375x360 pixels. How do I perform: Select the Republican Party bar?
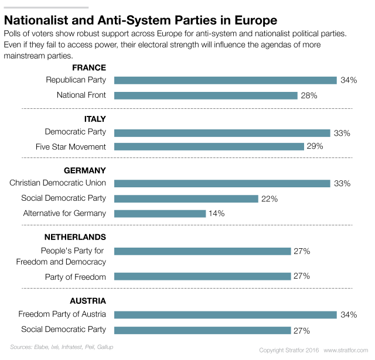click(226, 80)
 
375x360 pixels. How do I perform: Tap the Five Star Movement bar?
click(209, 146)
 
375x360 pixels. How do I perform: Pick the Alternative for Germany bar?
click(160, 213)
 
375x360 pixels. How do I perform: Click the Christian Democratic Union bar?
click(223, 183)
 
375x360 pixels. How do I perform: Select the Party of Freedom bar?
click(203, 276)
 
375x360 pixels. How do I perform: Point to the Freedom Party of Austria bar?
click(226, 315)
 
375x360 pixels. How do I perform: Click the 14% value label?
click(217, 214)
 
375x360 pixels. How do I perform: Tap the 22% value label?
click(270, 198)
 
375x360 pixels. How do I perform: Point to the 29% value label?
click(315, 146)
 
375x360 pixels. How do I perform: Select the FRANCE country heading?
click(89, 67)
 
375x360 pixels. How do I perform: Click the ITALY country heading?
click(95, 119)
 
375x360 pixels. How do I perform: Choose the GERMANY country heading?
click(84, 170)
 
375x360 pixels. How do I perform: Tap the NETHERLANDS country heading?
click(75, 237)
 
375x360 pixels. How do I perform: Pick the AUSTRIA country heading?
click(87, 301)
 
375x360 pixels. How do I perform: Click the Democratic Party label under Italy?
click(76, 132)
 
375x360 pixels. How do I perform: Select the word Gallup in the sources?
click(105, 347)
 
